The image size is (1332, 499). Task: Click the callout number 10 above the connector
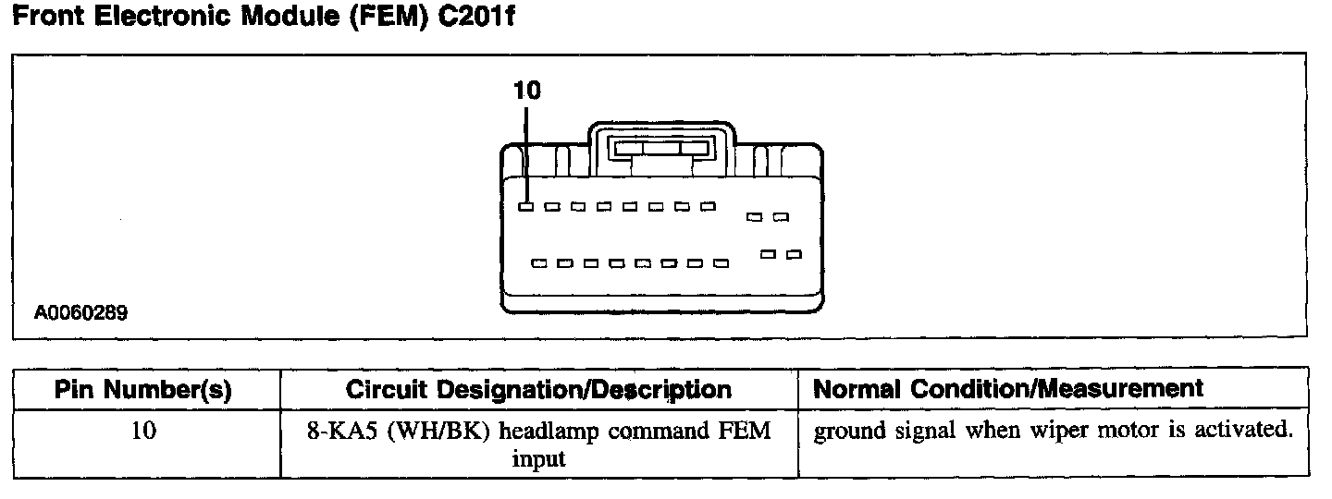pyautogui.click(x=527, y=90)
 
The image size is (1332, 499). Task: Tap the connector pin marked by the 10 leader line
pyautogui.click(x=525, y=207)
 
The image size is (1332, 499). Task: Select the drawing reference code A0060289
pyautogui.click(x=81, y=313)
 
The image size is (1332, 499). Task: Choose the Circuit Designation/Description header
pyautogui.click(x=538, y=390)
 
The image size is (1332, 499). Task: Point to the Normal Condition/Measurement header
pyautogui.click(x=1008, y=389)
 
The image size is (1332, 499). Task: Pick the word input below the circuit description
pyautogui.click(x=538, y=459)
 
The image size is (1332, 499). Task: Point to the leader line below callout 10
pyautogui.click(x=525, y=152)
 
